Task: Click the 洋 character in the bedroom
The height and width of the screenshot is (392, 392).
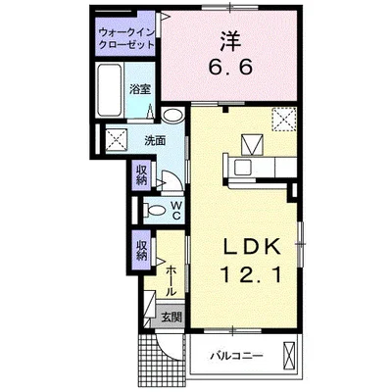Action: pyautogui.click(x=230, y=40)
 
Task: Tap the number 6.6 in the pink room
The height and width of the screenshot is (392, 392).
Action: pyautogui.click(x=230, y=68)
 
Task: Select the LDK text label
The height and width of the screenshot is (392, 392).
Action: pyautogui.click(x=252, y=247)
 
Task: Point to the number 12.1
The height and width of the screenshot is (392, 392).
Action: pyautogui.click(x=252, y=274)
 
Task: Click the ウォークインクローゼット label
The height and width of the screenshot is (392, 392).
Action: pyautogui.click(x=126, y=38)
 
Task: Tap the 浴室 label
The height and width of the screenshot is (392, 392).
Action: pyautogui.click(x=140, y=89)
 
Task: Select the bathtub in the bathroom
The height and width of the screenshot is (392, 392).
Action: pyautogui.click(x=110, y=90)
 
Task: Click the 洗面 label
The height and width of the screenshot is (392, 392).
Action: pyautogui.click(x=156, y=140)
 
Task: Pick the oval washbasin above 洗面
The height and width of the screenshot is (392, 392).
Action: pyautogui.click(x=172, y=116)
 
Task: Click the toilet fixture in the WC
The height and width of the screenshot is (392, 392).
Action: pyautogui.click(x=155, y=210)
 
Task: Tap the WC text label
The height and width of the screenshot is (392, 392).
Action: pyautogui.click(x=176, y=210)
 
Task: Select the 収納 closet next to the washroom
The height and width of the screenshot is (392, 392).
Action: pyautogui.click(x=141, y=174)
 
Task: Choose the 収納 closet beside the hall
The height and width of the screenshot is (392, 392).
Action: pyautogui.click(x=141, y=251)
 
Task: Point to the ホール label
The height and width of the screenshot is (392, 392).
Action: pyautogui.click(x=171, y=281)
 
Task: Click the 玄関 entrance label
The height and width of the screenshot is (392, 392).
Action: pyautogui.click(x=171, y=317)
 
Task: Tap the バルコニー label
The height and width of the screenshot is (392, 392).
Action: pyautogui.click(x=236, y=356)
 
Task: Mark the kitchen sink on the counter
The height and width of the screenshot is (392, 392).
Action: pyautogui.click(x=242, y=168)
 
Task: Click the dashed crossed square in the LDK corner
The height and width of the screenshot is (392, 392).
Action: pyautogui.click(x=284, y=120)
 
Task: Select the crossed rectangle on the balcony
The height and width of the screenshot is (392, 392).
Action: pyautogui.click(x=288, y=355)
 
